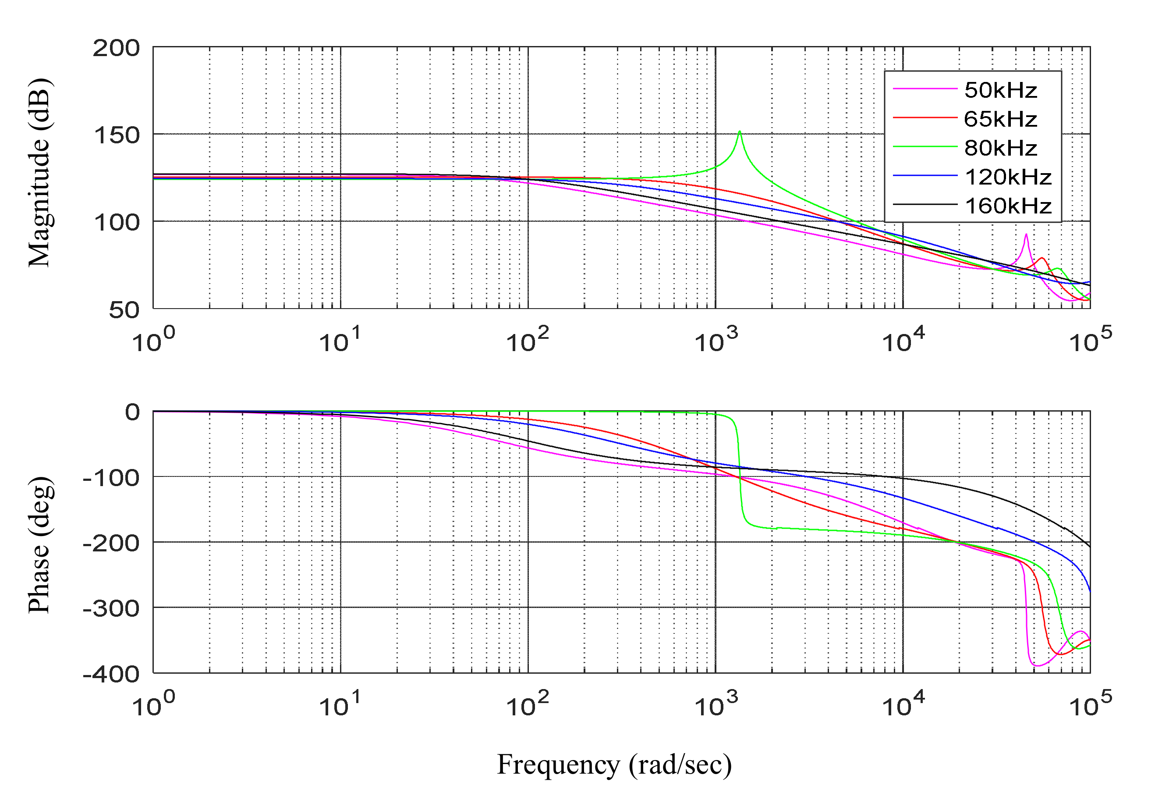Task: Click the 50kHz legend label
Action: pos(1000,90)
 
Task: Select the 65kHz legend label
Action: pos(1000,119)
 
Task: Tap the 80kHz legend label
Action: pos(1000,148)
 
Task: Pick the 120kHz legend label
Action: pos(1007,177)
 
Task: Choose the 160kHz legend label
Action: pos(1007,206)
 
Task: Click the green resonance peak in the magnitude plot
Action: pos(740,132)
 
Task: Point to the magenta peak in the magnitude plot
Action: pos(1026,235)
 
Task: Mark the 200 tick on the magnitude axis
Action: pos(116,49)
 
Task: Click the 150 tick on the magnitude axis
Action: pos(116,135)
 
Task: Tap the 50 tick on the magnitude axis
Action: pos(124,310)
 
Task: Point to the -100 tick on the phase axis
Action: pos(111,478)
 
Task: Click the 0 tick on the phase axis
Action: pos(132,413)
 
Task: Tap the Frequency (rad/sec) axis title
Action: pos(614,764)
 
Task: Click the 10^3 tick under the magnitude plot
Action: pos(716,340)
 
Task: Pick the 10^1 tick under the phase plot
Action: pos(340,704)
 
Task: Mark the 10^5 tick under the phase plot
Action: pos(1091,704)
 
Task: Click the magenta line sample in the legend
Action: pos(925,89)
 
